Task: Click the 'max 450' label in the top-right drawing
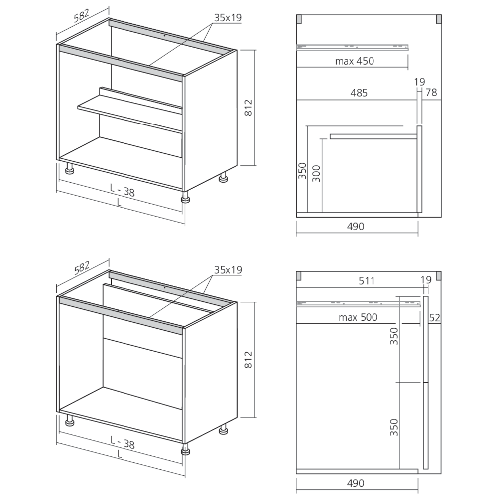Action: point(354,61)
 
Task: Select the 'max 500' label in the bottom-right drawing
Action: point(358,317)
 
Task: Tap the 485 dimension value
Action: point(359,93)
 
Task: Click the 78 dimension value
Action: point(431,92)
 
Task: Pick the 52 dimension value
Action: point(434,317)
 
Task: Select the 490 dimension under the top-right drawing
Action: point(356,226)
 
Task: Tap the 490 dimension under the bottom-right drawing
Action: point(356,483)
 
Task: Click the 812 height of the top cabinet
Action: point(249,108)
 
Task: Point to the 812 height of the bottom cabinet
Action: point(249,359)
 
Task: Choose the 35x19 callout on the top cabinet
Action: point(228,18)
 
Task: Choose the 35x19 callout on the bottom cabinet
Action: point(228,270)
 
